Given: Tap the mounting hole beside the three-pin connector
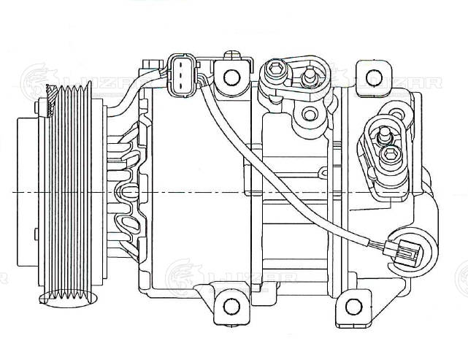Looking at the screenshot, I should pyautogui.click(x=231, y=77).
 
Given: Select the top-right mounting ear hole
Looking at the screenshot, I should pyautogui.click(x=373, y=77).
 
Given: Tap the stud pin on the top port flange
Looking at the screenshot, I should pyautogui.click(x=310, y=73).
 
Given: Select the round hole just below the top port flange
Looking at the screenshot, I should pyautogui.click(x=310, y=113).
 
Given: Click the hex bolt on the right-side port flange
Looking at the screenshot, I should pyautogui.click(x=391, y=154).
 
